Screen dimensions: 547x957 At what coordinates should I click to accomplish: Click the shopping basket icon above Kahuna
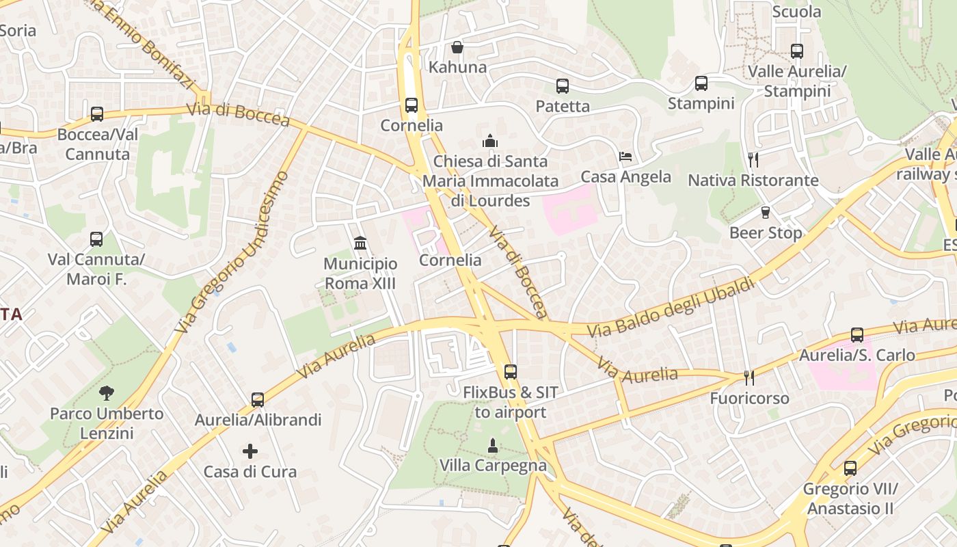[457, 47]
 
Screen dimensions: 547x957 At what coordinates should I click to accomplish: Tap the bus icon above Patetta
[563, 86]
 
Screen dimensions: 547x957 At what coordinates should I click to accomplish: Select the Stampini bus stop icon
[701, 83]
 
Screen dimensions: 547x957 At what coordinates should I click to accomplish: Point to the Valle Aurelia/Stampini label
[797, 81]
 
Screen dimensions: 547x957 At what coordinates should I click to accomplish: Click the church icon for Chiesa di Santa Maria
[490, 141]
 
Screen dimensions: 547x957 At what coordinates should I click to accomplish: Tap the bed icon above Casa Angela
[625, 157]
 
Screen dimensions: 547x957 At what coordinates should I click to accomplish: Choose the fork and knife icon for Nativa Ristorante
[753, 160]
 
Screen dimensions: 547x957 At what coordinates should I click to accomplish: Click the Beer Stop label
[766, 233]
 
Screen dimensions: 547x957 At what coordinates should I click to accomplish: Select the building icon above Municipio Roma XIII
[360, 243]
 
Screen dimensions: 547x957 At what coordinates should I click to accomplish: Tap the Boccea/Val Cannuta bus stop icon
[97, 114]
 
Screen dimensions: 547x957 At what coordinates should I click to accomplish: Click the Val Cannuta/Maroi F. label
[96, 269]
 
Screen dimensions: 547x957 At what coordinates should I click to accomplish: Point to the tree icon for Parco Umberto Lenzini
[106, 393]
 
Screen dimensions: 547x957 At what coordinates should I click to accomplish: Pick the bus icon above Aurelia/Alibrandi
[258, 400]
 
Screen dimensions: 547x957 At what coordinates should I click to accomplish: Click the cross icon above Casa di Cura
[250, 451]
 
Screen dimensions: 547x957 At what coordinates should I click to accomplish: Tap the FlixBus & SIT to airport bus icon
[511, 372]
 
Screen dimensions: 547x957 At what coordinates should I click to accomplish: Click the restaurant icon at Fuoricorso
[749, 377]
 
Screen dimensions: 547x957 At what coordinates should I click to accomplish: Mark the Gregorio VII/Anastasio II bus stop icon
[850, 468]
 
